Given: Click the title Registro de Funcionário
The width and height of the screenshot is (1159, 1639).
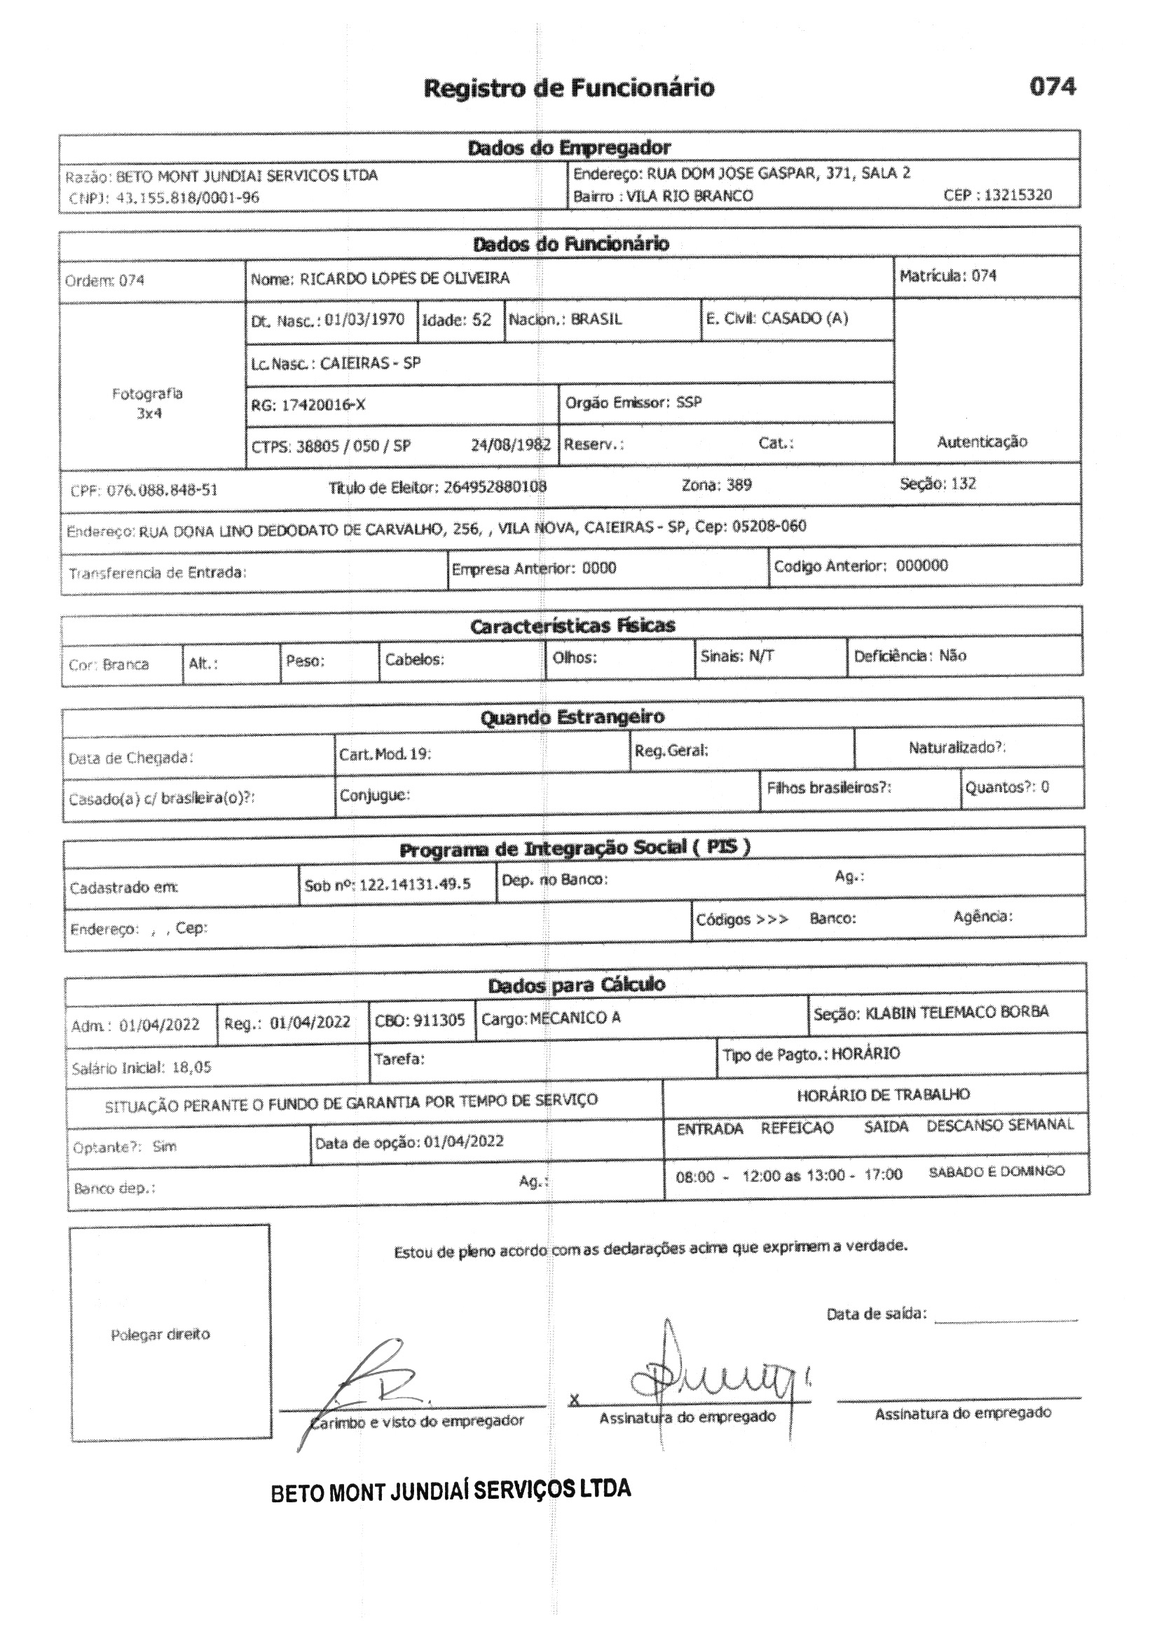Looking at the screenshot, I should (569, 88).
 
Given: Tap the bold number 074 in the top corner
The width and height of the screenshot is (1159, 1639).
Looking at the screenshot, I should (1052, 86).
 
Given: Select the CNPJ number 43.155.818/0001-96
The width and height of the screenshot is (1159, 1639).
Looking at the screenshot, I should (188, 198).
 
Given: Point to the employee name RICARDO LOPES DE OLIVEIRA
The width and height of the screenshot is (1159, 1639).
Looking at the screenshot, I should (404, 278).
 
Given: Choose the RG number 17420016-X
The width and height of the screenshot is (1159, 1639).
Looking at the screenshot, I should (322, 405).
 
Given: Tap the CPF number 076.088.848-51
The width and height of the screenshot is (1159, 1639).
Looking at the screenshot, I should (162, 491).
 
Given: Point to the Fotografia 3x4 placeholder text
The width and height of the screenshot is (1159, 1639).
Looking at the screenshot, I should (148, 403).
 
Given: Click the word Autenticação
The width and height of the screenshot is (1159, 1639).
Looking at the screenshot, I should (982, 442).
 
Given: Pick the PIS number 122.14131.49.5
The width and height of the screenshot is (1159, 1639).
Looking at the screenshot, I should (415, 885).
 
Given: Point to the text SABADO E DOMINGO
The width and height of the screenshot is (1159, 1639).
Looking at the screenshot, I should (996, 1171).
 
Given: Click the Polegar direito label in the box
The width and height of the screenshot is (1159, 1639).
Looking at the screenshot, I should (160, 1335).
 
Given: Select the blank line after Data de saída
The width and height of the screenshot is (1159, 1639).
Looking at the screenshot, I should (1006, 1321).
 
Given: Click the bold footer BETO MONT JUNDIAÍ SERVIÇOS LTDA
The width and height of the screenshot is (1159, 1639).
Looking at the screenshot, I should (451, 1490).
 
